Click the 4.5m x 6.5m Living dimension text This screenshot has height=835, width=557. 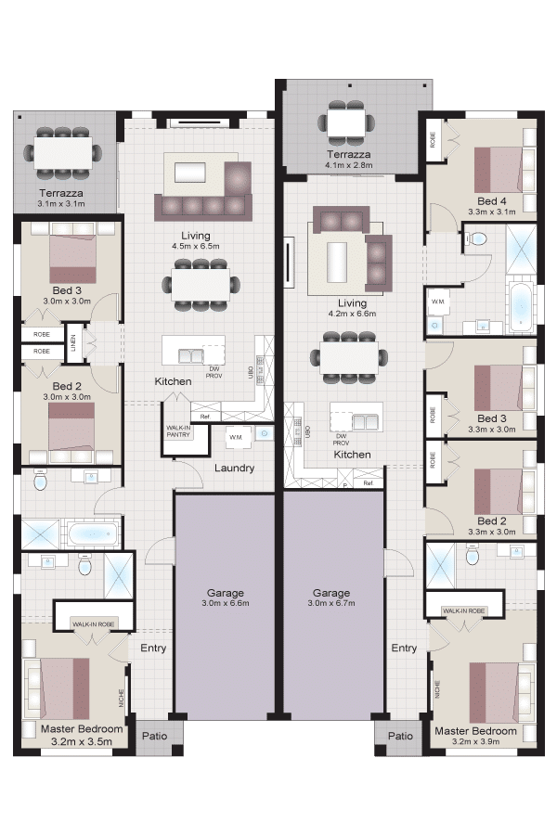click(x=196, y=247)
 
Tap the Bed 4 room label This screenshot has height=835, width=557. click(x=491, y=201)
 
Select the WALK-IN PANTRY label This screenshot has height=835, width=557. click(x=178, y=431)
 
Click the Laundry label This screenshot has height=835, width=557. click(x=234, y=469)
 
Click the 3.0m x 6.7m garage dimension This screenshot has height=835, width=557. click(x=331, y=603)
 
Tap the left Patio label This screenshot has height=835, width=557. click(x=155, y=736)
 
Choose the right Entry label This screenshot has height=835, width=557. click(x=404, y=649)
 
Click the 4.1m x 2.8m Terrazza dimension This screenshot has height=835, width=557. click(x=349, y=165)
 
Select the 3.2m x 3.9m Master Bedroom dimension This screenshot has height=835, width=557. click(x=475, y=741)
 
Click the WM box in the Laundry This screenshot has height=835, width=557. click(x=236, y=437)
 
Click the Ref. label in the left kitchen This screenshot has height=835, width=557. click(x=204, y=417)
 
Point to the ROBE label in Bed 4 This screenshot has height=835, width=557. click(x=433, y=139)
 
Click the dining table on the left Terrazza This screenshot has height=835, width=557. click(x=62, y=153)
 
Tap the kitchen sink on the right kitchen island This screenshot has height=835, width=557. click(x=365, y=422)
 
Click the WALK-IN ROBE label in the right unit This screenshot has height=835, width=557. click(x=463, y=610)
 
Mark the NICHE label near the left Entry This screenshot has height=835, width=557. click(x=122, y=699)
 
